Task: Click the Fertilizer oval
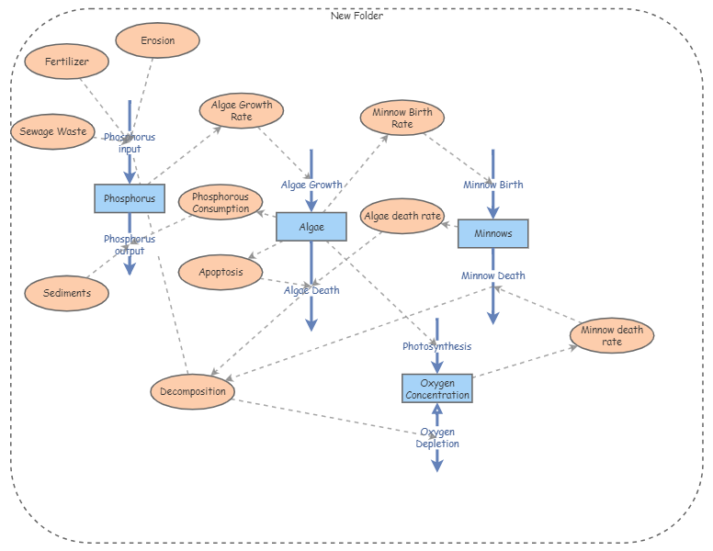tap(67, 62)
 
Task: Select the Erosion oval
tap(157, 40)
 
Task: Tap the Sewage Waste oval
tap(54, 131)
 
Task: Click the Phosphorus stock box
tap(130, 198)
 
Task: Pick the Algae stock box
tap(311, 227)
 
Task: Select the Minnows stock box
tap(492, 234)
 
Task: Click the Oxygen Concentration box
tap(437, 388)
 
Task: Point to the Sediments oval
tap(67, 293)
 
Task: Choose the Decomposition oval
tap(192, 391)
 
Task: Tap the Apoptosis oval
tap(221, 272)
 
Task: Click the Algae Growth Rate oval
tap(242, 111)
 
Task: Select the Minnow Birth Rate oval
tap(402, 118)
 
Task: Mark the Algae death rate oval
tap(402, 217)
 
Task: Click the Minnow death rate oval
tap(611, 336)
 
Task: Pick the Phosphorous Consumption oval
tap(221, 203)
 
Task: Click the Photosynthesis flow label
tap(436, 346)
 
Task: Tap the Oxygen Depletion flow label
tap(436, 438)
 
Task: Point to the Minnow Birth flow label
tap(492, 185)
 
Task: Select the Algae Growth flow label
tap(311, 185)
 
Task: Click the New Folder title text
tap(356, 16)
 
